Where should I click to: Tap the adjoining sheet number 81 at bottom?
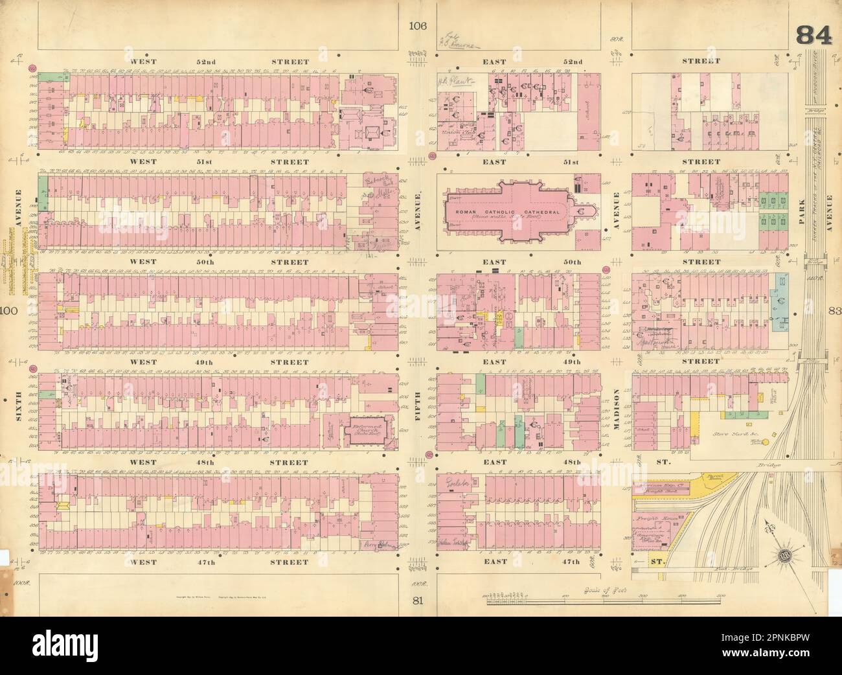tap(418, 600)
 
